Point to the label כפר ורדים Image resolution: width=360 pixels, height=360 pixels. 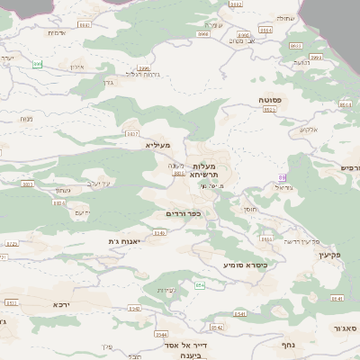click(184, 213)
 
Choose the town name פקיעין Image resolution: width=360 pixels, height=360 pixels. click(330, 256)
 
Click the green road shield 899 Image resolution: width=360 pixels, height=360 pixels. click(37, 64)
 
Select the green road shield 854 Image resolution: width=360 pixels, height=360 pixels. click(200, 285)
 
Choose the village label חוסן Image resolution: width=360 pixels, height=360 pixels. click(249, 208)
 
